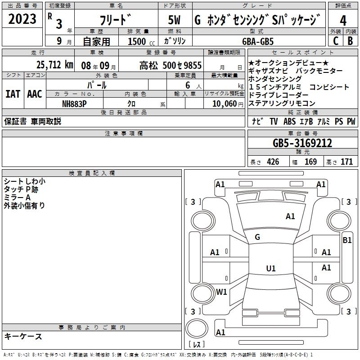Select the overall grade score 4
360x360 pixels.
(x=343, y=21)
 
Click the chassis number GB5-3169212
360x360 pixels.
(x=302, y=144)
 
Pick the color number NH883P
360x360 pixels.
(x=75, y=103)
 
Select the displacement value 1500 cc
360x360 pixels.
(x=137, y=41)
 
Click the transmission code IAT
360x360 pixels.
(x=13, y=94)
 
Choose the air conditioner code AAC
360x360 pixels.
(x=35, y=94)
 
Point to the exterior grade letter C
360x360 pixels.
(x=335, y=41)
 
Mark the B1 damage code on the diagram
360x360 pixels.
(x=347, y=240)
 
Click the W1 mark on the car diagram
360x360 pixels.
(x=221, y=292)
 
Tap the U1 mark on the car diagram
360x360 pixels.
(x=270, y=269)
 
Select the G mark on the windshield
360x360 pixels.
(x=257, y=237)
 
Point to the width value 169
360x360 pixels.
(x=311, y=162)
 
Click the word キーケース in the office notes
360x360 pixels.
(x=23, y=337)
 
